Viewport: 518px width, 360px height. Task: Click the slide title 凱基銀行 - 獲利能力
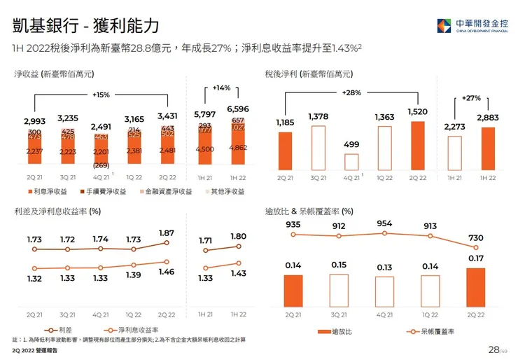coord(86,26)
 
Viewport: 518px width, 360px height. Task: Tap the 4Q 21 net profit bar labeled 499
coord(352,162)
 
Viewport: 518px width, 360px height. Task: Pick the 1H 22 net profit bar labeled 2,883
coord(488,148)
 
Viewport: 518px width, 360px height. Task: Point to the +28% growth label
coord(352,92)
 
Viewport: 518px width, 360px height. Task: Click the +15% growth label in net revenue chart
coord(102,95)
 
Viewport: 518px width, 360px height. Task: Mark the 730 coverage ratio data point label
coord(475,238)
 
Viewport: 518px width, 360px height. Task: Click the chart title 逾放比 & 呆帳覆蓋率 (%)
coord(309,210)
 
